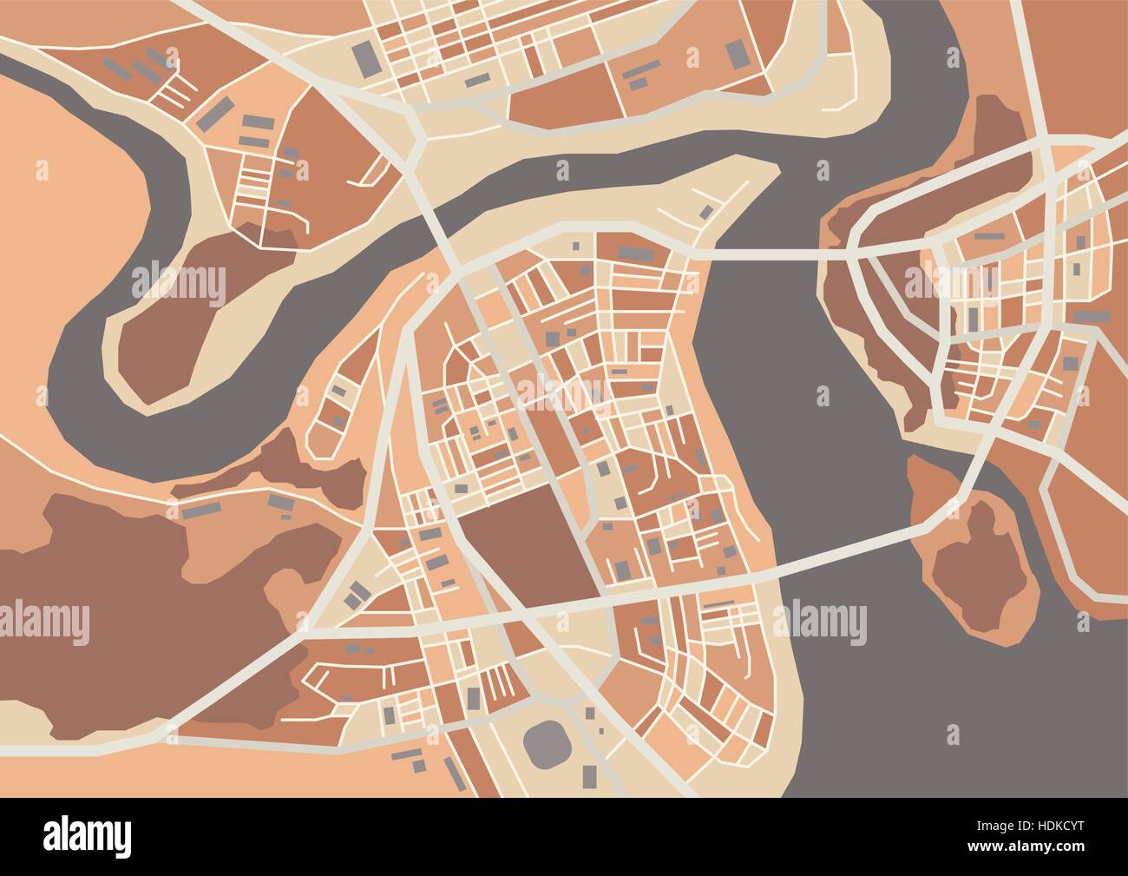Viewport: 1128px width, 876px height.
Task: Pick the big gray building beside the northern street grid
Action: click(364, 58)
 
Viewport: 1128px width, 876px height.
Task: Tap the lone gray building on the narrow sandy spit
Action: click(706, 211)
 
